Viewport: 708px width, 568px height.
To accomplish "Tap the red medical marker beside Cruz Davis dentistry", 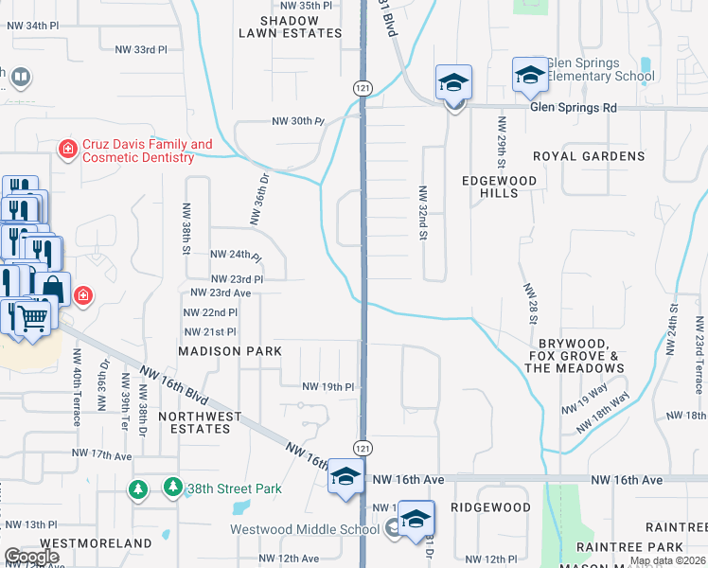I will click(67, 150).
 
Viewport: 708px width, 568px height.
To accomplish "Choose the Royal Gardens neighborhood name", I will click(588, 156).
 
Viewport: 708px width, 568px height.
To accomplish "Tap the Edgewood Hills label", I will click(499, 186).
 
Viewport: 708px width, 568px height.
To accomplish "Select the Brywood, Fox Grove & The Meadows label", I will click(576, 355).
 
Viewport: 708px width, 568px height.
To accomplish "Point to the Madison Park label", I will click(231, 351).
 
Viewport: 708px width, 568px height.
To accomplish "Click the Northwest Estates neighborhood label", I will click(200, 422).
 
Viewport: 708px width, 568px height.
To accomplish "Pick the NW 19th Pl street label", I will click(327, 387).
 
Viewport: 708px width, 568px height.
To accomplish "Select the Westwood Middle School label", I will click(305, 529).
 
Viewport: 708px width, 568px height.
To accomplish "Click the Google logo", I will click(31, 557).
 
